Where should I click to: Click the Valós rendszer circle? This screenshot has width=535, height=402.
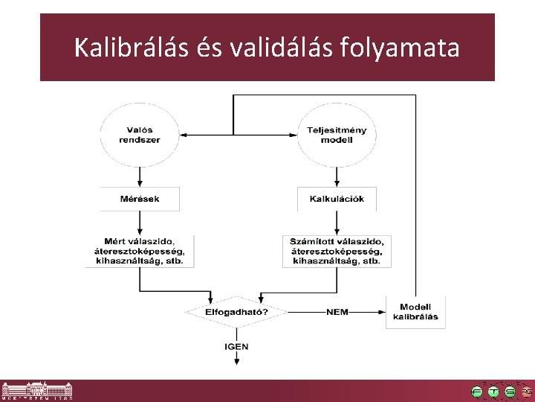(140, 135)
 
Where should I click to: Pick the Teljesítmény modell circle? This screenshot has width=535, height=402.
(337, 135)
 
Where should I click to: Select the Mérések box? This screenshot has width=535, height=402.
(140, 199)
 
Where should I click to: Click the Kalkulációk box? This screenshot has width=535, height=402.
(337, 199)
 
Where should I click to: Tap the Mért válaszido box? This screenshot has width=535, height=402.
(140, 252)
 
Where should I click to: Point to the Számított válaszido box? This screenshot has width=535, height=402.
(337, 252)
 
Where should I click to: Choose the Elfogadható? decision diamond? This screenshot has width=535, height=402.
(236, 312)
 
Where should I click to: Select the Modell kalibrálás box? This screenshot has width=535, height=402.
(415, 312)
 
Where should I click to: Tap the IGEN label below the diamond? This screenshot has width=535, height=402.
(236, 346)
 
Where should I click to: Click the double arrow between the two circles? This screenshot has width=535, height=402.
(238, 135)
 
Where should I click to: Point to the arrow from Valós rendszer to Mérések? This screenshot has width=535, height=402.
(140, 176)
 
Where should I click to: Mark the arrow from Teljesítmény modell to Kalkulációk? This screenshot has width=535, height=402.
(337, 176)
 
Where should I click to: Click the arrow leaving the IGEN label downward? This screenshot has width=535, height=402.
(236, 358)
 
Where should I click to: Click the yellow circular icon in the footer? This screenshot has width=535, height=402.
(493, 392)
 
